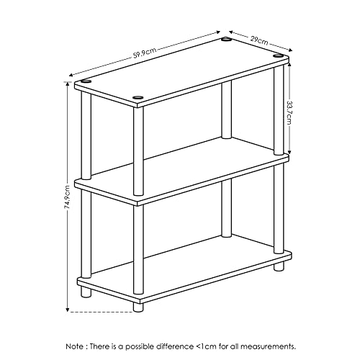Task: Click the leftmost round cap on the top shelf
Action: click(86, 83)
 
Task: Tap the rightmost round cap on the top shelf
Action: click(278, 55)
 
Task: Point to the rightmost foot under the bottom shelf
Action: click(278, 266)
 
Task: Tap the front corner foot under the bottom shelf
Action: click(138, 305)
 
